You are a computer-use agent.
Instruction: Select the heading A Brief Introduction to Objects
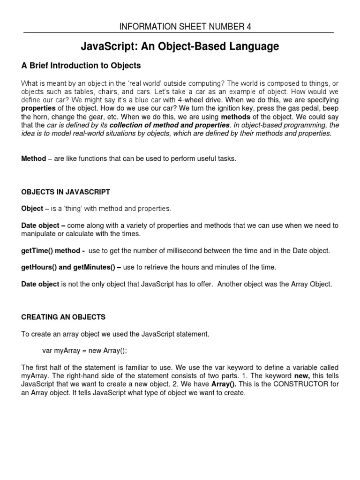[x=81, y=66]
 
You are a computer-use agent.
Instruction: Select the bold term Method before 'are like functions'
[x=33, y=159]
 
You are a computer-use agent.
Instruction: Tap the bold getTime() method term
[x=53, y=251]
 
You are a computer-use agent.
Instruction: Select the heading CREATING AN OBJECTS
[x=63, y=317]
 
